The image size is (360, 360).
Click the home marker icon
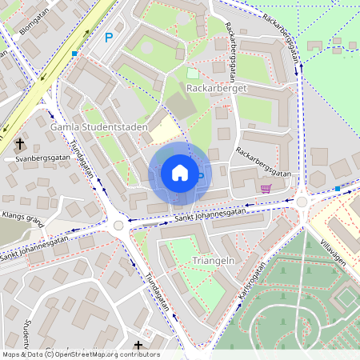tap(179, 173)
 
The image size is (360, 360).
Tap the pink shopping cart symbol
tap(266, 189)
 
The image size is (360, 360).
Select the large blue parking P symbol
tap(110, 37)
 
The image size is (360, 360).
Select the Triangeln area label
tap(194, 261)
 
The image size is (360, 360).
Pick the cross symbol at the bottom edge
tap(138, 346)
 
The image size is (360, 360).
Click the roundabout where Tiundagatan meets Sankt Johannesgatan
tap(118, 226)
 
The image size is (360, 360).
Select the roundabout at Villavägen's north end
tap(302, 202)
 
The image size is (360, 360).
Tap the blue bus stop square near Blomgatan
tap(74, 54)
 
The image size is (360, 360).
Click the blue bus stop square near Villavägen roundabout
tap(338, 189)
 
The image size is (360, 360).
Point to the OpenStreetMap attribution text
tap(80, 354)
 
